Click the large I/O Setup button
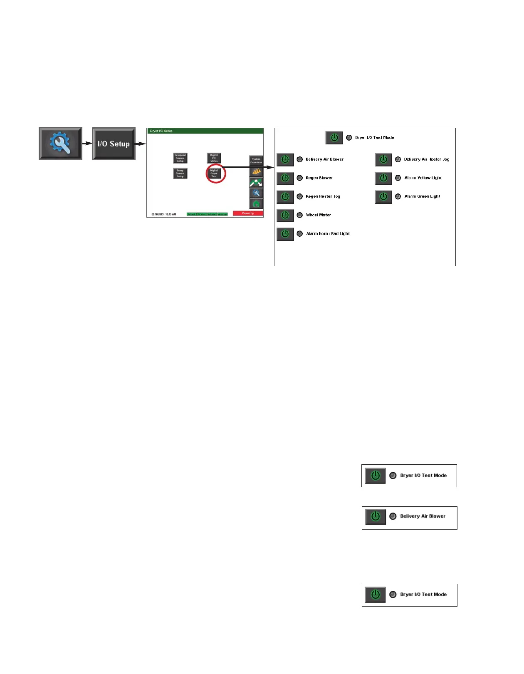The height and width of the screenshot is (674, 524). (x=114, y=144)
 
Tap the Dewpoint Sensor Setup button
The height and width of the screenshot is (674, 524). (x=180, y=158)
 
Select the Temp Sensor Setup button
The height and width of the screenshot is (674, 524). (x=180, y=173)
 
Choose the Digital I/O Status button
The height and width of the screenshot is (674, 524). (x=214, y=158)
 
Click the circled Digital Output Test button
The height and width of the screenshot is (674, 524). (x=214, y=173)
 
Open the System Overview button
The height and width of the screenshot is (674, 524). (x=256, y=161)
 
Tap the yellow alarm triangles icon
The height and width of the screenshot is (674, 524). (x=256, y=171)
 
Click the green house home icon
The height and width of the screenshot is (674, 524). (x=256, y=204)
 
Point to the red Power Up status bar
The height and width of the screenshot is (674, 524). (x=248, y=213)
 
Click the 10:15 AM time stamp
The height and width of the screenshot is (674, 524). (x=171, y=214)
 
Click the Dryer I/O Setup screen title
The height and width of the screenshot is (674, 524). (x=161, y=131)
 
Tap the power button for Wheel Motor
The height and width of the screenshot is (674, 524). (x=285, y=215)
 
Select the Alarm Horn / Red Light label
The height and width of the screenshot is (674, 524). (x=328, y=234)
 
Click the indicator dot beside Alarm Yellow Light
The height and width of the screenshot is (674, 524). (x=398, y=178)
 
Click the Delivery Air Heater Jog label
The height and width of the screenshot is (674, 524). (x=426, y=159)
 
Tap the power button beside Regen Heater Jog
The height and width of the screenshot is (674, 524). (x=285, y=196)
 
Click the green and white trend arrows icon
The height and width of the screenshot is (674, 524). (x=256, y=182)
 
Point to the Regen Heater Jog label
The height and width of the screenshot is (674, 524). (x=323, y=196)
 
